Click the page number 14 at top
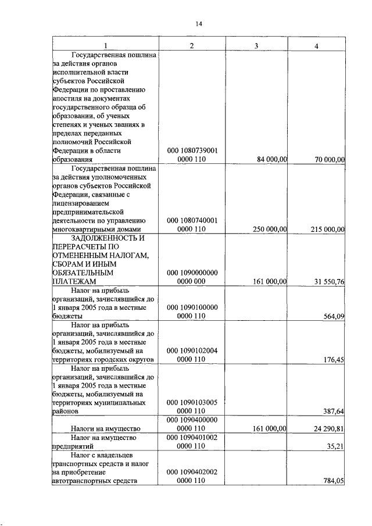click(198, 24)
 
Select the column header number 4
click(316, 46)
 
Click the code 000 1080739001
click(192, 151)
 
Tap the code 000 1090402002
click(192, 472)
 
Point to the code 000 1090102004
click(192, 351)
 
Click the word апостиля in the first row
click(69, 99)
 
